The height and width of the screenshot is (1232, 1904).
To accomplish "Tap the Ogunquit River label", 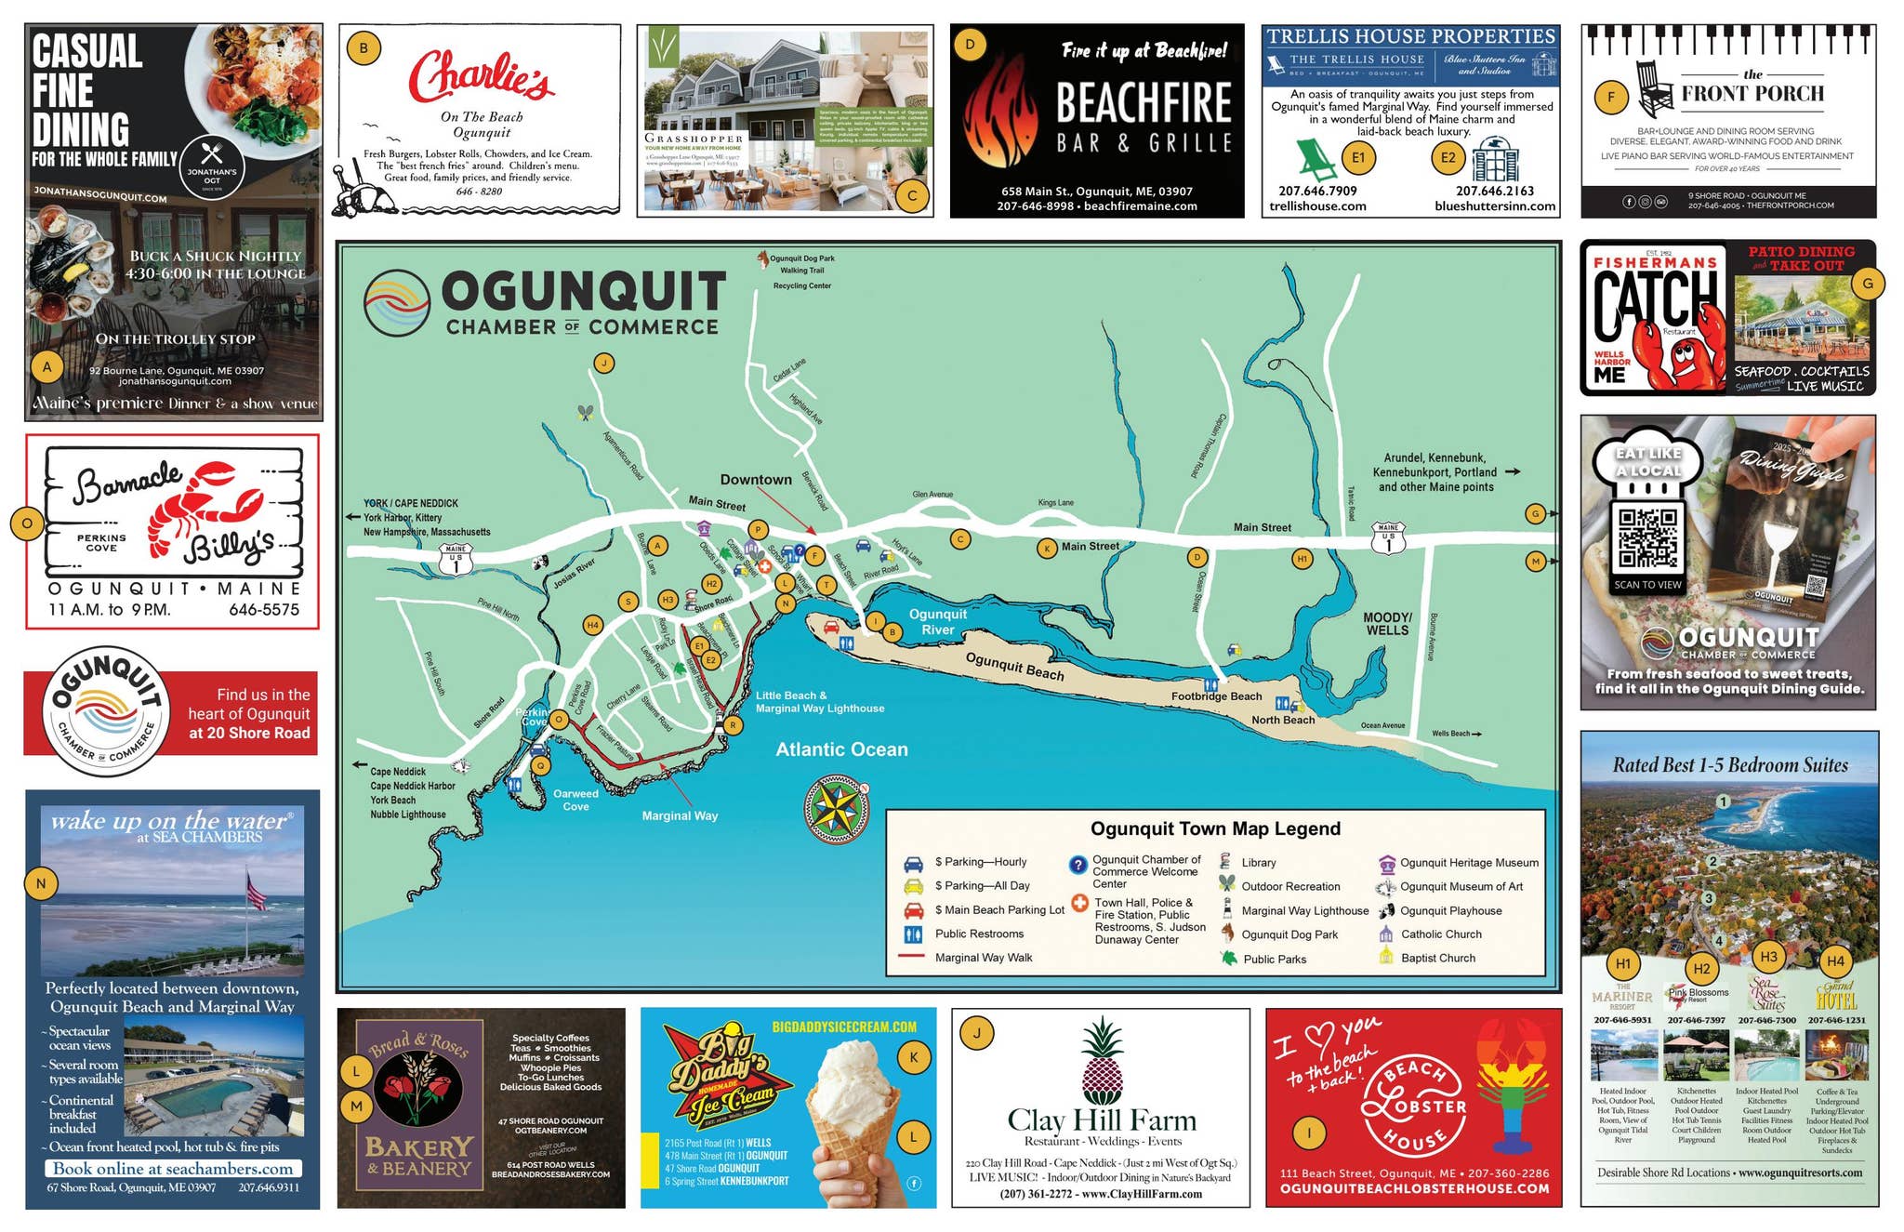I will [937, 622].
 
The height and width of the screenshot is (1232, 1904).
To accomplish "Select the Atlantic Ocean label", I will [841, 749].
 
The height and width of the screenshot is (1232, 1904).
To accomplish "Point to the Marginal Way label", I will [680, 815].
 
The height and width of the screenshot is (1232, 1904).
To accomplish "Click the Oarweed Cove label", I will [575, 800].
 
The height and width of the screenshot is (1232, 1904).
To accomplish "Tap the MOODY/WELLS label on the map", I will [1387, 624].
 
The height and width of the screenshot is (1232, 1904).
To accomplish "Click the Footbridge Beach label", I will [1216, 695].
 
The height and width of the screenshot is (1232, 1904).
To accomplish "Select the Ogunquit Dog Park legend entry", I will [1289, 934].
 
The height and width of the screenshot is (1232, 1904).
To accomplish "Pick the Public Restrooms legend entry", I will [978, 934].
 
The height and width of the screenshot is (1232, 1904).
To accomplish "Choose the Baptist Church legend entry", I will [1437, 958].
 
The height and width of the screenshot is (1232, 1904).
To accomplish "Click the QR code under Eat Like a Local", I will [1647, 537].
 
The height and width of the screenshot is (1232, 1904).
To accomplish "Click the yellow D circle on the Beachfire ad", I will [970, 44].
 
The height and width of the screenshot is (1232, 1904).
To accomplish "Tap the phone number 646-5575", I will [264, 610].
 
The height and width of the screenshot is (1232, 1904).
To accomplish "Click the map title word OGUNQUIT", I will [583, 292].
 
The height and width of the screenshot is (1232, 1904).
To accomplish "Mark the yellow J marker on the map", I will [604, 364].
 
